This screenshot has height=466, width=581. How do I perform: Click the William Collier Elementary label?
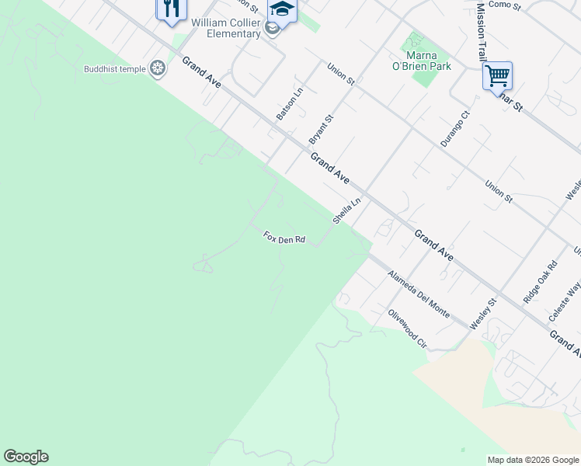[226, 28]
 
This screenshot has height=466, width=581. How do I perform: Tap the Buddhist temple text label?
[115, 69]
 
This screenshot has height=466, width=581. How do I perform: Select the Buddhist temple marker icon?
[158, 69]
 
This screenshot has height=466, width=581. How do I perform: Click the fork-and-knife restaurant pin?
[172, 9]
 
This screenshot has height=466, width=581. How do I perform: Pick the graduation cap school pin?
[282, 11]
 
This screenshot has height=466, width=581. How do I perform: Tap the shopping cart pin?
[497, 76]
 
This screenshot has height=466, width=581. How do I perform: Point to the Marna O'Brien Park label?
[422, 61]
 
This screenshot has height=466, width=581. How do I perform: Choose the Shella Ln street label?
[347, 210]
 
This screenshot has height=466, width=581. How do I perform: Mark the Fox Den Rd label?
[284, 238]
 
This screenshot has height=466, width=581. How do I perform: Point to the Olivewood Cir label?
[407, 329]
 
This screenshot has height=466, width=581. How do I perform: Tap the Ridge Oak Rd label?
[540, 281]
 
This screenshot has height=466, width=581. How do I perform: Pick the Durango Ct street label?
[455, 129]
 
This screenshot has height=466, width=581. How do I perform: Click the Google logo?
[26, 457]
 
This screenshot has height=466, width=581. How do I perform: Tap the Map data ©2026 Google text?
[533, 460]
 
